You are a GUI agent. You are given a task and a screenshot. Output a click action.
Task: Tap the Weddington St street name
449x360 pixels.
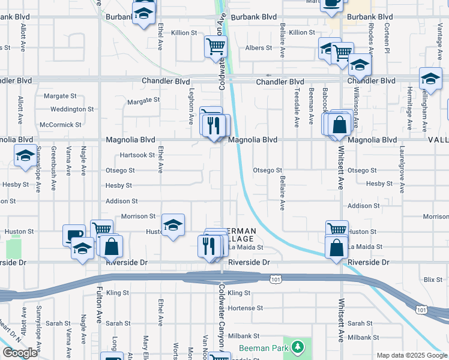click(72, 109)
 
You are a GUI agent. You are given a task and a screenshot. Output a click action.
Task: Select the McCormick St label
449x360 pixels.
click(60, 125)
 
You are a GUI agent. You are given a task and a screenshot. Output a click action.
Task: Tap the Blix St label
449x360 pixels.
click(432, 280)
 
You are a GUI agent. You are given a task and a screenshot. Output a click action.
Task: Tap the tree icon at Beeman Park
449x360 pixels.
click(297, 347)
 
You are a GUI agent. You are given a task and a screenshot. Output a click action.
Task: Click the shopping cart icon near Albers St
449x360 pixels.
click(215, 46)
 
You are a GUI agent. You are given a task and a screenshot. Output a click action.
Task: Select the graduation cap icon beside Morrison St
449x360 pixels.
click(173, 226)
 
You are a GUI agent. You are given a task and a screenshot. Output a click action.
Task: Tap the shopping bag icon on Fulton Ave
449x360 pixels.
click(112, 246)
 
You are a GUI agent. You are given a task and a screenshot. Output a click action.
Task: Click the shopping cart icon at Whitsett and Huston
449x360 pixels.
click(337, 229)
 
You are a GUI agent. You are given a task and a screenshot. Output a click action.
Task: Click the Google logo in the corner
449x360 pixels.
click(20, 353)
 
